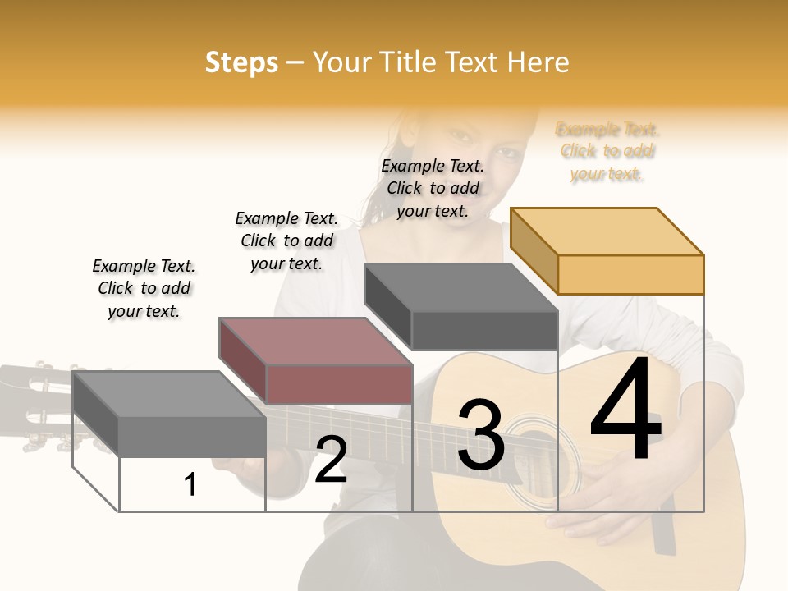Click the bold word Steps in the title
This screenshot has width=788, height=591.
[241, 62]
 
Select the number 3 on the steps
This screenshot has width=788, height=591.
[480, 435]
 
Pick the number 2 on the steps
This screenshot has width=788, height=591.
[331, 460]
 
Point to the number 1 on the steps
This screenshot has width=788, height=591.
[190, 485]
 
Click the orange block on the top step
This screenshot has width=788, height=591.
[607, 250]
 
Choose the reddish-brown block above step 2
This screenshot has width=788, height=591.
[316, 361]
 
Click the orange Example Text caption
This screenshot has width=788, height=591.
[607, 151]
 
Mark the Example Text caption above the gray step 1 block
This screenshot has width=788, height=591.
[144, 288]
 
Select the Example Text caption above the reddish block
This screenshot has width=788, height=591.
[286, 241]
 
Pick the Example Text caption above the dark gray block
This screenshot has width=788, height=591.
[433, 188]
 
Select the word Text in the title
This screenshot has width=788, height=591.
[473, 62]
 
